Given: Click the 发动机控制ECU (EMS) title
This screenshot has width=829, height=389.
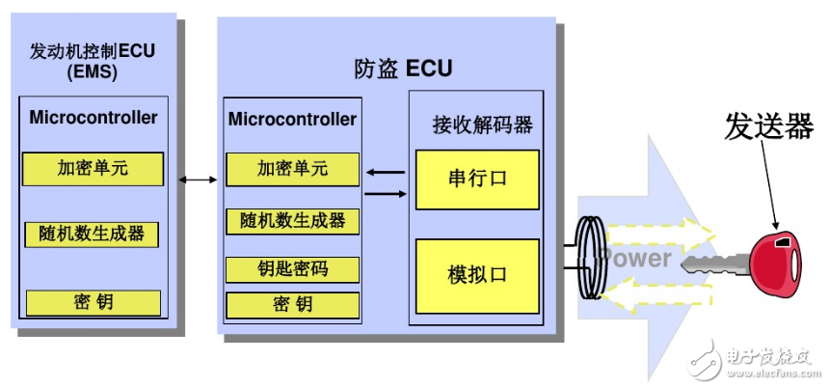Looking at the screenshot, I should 94,60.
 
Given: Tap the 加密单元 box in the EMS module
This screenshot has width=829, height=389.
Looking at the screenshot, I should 93,169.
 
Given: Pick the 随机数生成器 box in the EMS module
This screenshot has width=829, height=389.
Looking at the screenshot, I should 93,234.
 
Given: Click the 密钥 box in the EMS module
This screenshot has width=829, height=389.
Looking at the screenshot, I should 93,302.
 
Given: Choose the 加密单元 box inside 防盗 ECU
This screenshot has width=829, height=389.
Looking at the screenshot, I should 292,169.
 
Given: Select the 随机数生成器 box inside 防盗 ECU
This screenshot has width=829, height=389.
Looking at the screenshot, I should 292,220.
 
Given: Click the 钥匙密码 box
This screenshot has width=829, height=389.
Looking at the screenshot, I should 292,269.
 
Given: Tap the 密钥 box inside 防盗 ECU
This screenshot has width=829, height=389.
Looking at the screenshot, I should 292,305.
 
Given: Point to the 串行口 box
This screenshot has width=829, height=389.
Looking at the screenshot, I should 477,179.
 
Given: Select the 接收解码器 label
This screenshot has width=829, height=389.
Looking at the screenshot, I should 482,125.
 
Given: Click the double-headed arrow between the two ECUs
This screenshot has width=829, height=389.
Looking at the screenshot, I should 198,180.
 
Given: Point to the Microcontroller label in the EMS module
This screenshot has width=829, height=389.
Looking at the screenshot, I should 94,118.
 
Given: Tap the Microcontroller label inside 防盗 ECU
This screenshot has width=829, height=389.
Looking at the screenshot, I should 292,119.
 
